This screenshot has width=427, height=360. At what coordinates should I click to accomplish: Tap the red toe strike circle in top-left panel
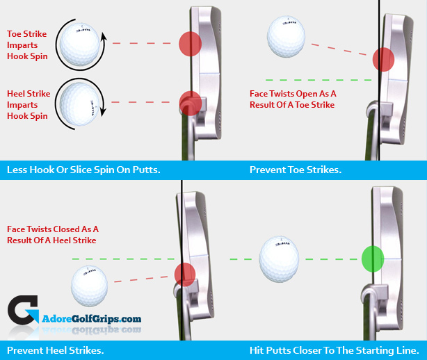(189, 43)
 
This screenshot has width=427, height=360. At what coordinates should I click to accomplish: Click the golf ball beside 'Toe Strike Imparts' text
(79, 44)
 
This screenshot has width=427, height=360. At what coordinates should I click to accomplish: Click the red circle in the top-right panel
(383, 60)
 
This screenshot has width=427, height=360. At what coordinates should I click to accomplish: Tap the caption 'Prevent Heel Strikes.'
(55, 350)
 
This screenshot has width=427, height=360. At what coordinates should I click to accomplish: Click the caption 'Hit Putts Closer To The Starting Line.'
(334, 350)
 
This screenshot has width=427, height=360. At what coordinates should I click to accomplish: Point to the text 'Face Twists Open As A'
(293, 92)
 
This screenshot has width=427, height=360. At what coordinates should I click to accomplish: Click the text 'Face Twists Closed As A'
(53, 229)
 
